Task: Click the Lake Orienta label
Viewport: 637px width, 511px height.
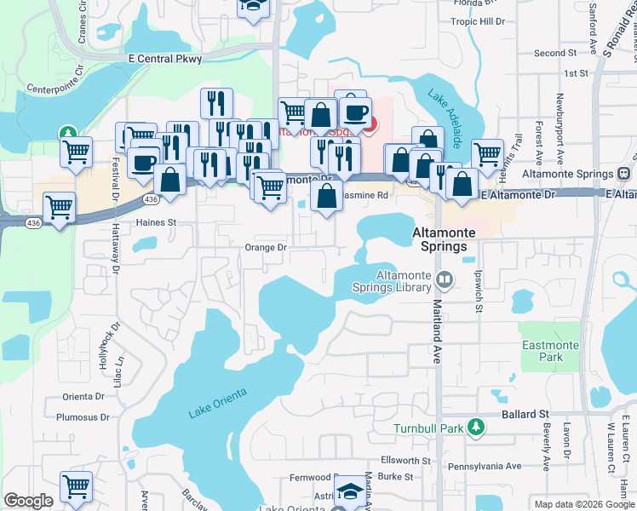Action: [217, 403]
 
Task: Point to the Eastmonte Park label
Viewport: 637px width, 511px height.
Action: [543, 351]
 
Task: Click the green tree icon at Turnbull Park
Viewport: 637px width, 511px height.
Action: [479, 426]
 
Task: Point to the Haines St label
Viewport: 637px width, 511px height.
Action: [155, 222]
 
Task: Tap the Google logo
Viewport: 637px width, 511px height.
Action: [28, 501]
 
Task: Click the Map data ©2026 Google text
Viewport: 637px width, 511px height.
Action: [584, 504]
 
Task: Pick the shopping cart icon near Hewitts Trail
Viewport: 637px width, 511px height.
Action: [487, 153]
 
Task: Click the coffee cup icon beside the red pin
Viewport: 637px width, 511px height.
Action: [354, 111]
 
